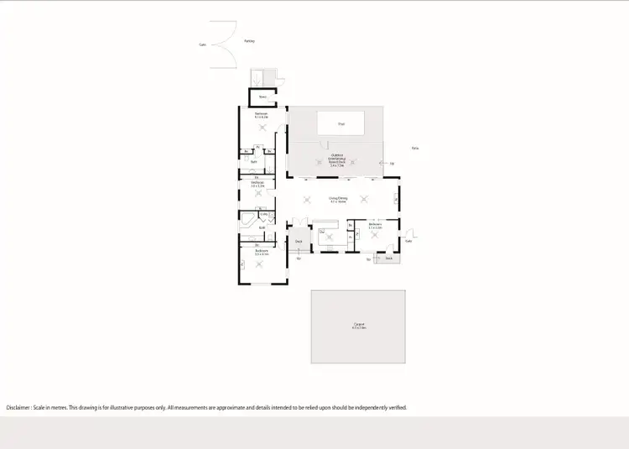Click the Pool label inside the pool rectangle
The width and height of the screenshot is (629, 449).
[341, 124]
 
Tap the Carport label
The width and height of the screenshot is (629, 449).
[358, 325]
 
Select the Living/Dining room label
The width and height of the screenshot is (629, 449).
[338, 199]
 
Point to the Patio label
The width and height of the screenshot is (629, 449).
[414, 148]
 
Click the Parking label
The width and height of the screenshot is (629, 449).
[249, 40]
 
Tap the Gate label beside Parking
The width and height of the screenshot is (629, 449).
[202, 44]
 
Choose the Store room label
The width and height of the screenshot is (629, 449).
[262, 97]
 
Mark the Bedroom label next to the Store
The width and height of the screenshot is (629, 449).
[261, 114]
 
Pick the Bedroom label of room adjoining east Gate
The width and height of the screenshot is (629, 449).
[375, 225]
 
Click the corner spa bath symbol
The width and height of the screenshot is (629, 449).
[249, 221]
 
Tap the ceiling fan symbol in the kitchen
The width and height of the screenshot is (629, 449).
[329, 237]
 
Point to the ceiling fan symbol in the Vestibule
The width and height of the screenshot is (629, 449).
[259, 194]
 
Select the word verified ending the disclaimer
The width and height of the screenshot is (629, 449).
[396, 407]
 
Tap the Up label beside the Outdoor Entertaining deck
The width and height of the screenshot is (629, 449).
[392, 163]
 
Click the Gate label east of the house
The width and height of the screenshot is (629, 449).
[408, 240]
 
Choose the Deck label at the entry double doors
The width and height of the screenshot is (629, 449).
[298, 242]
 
